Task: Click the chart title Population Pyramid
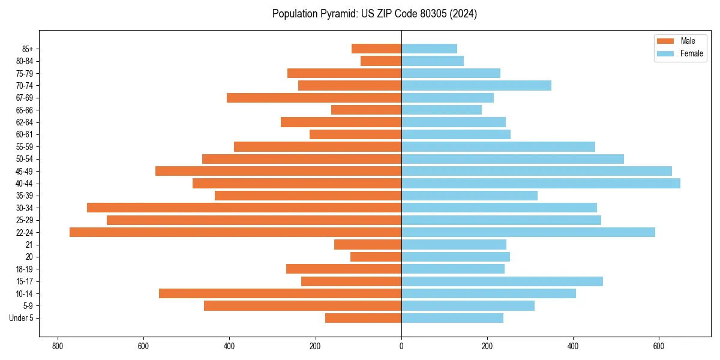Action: [x=374, y=14]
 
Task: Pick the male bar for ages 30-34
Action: [x=244, y=208]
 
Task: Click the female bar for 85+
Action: [x=429, y=49]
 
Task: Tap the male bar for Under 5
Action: [x=363, y=318]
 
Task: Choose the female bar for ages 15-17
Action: [x=502, y=281]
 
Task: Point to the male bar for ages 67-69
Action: [x=314, y=98]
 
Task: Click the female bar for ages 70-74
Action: [x=476, y=85]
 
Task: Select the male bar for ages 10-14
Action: [x=280, y=293]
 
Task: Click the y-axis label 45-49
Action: [x=24, y=171]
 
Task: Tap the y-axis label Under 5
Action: [x=21, y=318]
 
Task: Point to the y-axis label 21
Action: [x=29, y=245]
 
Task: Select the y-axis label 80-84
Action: [x=24, y=61]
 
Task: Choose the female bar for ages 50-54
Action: [x=512, y=159]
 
